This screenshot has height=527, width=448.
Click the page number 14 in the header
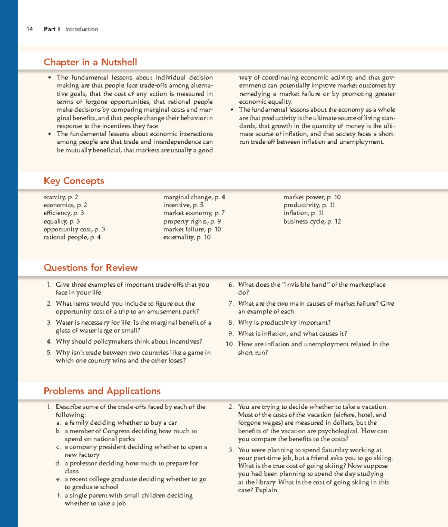point(30,29)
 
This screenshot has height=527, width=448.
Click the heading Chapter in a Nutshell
point(90,62)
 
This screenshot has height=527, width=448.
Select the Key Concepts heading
point(74,181)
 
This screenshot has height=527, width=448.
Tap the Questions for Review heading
point(91,268)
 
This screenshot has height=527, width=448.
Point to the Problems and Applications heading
point(102,391)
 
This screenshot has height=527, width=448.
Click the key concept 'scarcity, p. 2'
point(61,197)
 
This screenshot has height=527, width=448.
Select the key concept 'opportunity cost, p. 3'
point(74,229)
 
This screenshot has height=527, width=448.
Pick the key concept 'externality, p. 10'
point(187,237)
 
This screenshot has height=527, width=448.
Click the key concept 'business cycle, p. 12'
point(312,221)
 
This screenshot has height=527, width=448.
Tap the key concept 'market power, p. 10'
point(312,197)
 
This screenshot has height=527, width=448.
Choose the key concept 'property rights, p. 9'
point(192,221)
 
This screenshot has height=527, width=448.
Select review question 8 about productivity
point(284,322)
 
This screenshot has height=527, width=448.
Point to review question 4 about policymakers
point(128,342)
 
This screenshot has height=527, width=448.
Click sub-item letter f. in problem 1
point(59,495)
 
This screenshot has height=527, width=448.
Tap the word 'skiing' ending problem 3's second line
point(382,458)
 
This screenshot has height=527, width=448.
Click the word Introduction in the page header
point(81,29)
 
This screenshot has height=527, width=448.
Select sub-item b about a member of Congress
point(130,431)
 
